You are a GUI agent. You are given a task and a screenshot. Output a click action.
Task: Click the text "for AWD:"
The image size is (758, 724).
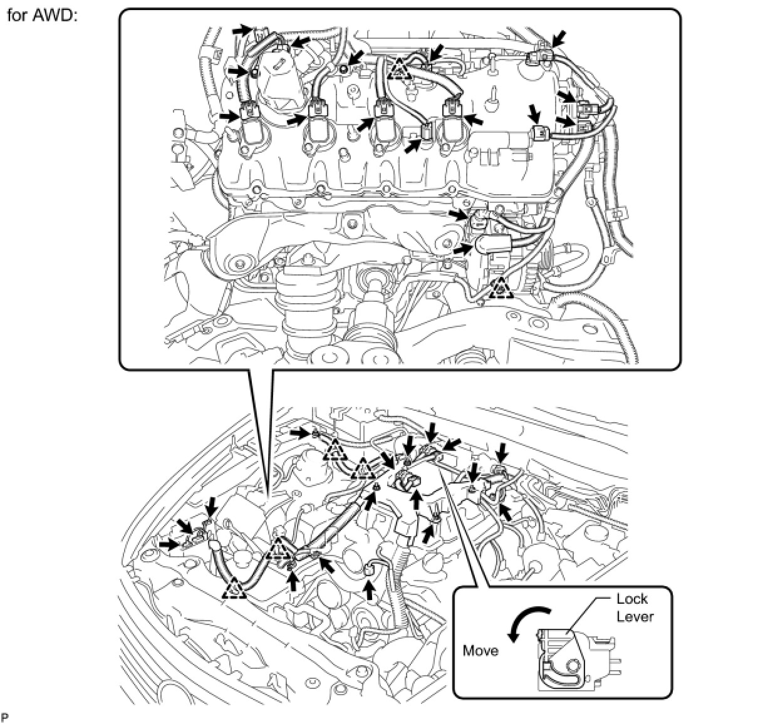click(41, 15)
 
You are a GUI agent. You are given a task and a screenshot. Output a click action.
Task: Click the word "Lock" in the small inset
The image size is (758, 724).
click(632, 599)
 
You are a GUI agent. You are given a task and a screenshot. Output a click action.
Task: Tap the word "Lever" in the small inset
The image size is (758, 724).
click(635, 616)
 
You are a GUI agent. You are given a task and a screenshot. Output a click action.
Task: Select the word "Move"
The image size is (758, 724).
click(480, 651)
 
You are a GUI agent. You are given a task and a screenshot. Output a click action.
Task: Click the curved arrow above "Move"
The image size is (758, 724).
click(527, 622)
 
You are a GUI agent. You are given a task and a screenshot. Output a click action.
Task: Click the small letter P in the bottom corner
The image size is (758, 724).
click(5, 716)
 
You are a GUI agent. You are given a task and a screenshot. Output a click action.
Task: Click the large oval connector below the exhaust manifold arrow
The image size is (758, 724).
click(489, 245)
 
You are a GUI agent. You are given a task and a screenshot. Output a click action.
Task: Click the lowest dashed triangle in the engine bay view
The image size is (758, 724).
click(234, 587)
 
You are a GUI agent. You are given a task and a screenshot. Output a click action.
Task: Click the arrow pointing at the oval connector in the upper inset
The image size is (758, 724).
click(462, 249)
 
